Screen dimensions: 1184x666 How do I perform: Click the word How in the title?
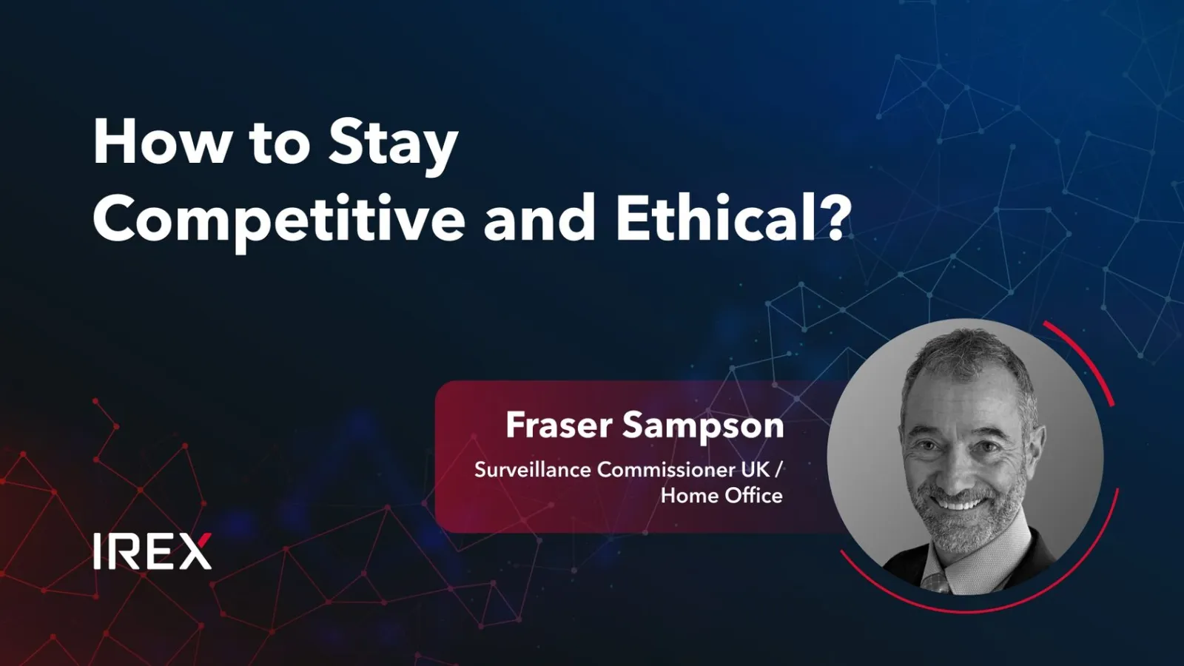pos(161,142)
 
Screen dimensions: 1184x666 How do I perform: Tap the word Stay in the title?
pos(393,147)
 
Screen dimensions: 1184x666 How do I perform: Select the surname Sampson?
pos(703,428)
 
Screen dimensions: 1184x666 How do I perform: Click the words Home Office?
pos(721,496)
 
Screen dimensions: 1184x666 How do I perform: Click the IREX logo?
pos(152,551)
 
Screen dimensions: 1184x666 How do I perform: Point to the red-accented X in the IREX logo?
pos(193,551)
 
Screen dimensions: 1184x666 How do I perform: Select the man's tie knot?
pos(935,582)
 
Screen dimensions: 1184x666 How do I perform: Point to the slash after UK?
pos(778,469)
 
